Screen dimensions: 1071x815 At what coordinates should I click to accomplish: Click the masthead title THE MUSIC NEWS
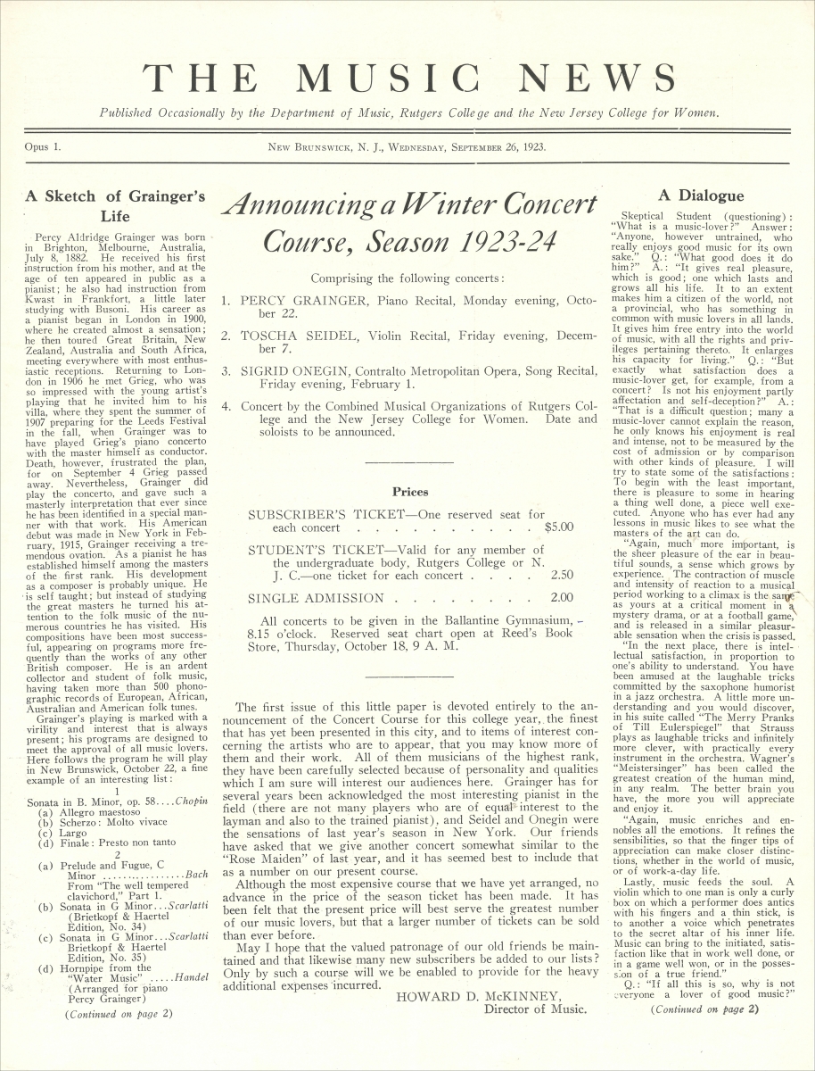[x=407, y=79]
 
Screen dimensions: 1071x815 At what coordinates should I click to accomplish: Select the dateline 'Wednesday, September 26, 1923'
[x=473, y=147]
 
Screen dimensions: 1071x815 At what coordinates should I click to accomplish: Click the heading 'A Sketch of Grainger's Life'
[x=115, y=205]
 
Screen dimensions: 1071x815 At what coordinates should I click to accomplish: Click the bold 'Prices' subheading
[x=410, y=491]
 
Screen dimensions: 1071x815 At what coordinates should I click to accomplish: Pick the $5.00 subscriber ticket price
[x=558, y=527]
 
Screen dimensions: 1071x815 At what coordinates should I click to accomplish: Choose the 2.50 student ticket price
[x=562, y=576]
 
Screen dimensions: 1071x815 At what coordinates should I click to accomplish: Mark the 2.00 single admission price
[x=562, y=598]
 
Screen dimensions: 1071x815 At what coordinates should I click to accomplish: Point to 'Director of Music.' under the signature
[x=535, y=1009]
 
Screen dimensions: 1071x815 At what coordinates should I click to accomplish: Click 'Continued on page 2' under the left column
[x=119, y=1014]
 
